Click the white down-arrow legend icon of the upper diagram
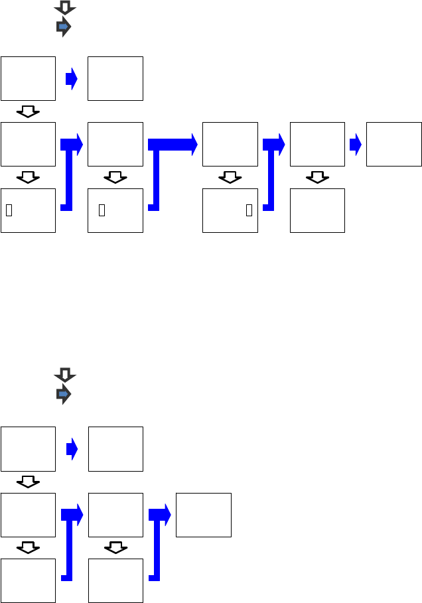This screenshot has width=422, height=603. pyautogui.click(x=64, y=8)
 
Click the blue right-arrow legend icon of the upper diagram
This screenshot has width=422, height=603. pyautogui.click(x=64, y=27)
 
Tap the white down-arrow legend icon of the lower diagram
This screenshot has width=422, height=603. pyautogui.click(x=64, y=375)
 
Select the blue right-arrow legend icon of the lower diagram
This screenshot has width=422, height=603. pyautogui.click(x=64, y=394)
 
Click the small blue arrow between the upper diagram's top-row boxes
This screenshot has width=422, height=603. pyautogui.click(x=72, y=79)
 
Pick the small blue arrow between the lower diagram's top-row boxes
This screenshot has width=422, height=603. pyautogui.click(x=72, y=449)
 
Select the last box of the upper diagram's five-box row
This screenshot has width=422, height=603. pyautogui.click(x=393, y=144)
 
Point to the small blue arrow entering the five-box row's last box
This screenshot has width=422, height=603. pyautogui.click(x=355, y=144)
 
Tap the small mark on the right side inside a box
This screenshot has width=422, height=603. pyautogui.click(x=249, y=210)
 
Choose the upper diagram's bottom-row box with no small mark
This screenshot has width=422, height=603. pyautogui.click(x=317, y=210)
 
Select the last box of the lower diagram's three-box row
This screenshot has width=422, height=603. pyautogui.click(x=203, y=515)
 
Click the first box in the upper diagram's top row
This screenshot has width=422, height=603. pyautogui.click(x=28, y=78)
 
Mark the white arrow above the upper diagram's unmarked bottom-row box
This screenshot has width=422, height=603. pyautogui.click(x=317, y=177)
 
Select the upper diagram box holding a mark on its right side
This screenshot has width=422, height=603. pyautogui.click(x=230, y=210)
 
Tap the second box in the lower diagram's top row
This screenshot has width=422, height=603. pyautogui.click(x=115, y=449)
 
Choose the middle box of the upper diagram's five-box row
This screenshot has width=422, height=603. pyautogui.click(x=230, y=144)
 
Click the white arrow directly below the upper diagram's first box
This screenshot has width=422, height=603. pyautogui.click(x=28, y=111)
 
